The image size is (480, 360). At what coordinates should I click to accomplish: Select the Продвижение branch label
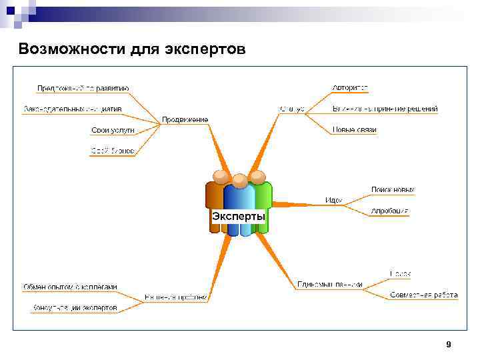click(185, 119)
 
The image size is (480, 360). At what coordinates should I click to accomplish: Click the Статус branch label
click(292, 109)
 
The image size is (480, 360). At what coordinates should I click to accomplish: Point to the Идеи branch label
click(333, 199)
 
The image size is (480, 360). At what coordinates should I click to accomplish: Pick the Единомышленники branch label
click(330, 284)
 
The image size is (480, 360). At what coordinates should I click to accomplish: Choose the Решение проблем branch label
click(177, 297)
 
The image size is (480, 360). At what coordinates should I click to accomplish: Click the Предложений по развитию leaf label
click(83, 88)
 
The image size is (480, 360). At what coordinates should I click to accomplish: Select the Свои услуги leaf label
click(113, 130)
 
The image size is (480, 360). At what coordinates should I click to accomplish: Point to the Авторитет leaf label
click(350, 88)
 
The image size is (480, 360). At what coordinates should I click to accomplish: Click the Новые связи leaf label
click(354, 130)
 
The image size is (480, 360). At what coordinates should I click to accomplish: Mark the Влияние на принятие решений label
click(385, 109)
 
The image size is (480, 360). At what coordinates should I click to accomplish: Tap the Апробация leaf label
click(390, 211)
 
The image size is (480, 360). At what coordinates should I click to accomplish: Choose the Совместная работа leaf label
click(424, 294)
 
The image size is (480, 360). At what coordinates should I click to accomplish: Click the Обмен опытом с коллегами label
click(70, 287)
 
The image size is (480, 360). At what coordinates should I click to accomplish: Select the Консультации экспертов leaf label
click(75, 308)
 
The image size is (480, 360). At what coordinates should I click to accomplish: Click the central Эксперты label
click(238, 217)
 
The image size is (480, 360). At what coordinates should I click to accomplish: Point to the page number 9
click(448, 344)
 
